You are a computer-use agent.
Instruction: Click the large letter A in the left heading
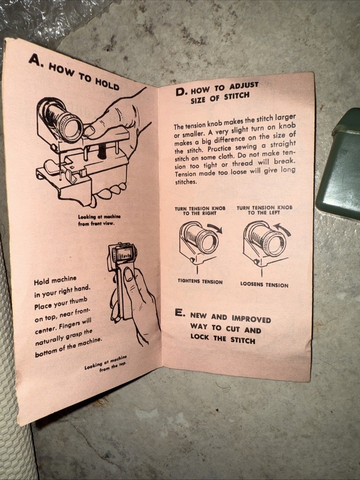35,60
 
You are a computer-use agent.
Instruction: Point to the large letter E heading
180,312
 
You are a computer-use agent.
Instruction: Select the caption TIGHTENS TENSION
200,282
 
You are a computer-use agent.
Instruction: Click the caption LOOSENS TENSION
264,284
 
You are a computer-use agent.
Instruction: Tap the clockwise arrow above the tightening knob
215,228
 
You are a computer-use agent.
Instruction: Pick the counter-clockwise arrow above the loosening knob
282,229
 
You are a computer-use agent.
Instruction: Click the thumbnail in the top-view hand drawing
129,274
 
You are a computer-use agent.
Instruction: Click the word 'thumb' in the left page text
79,301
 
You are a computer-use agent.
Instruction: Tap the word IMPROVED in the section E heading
251,319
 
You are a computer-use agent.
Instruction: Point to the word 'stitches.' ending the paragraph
185,182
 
